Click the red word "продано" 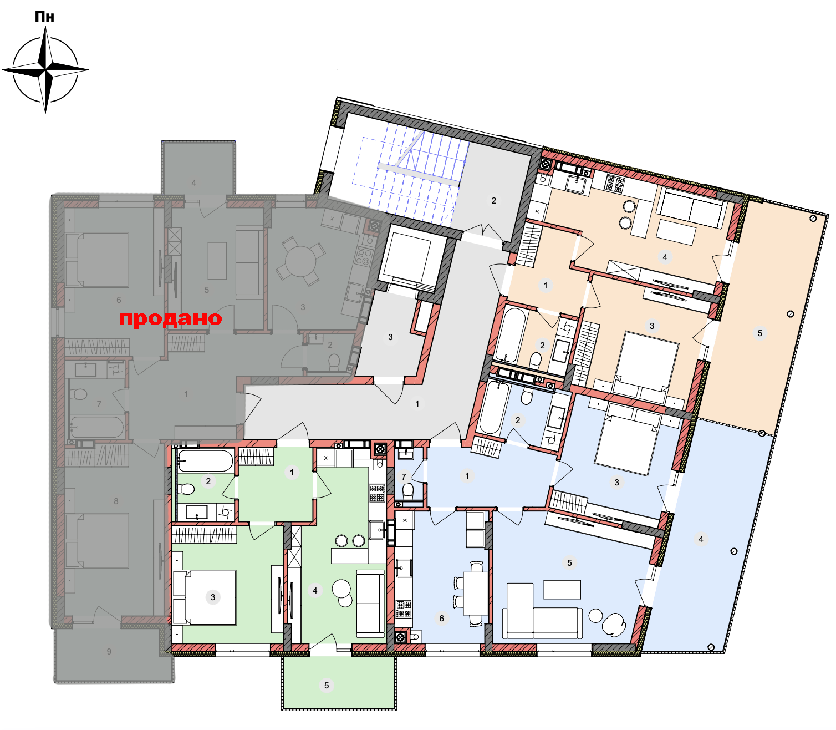click(170, 318)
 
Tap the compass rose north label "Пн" click(44, 17)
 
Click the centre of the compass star click(45, 69)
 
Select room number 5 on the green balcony click(326, 686)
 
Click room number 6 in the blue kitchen click(441, 619)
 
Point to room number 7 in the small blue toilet click(404, 476)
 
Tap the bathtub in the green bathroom click(205, 460)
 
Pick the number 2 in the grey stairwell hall click(493, 201)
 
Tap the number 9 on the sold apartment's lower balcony click(109, 652)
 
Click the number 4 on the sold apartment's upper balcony click(193, 182)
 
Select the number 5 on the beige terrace click(759, 333)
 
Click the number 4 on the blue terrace click(701, 539)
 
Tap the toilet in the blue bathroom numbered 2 click(527, 396)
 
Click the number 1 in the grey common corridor click(417, 403)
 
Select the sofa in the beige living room click(691, 208)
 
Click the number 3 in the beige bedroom click(652, 326)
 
